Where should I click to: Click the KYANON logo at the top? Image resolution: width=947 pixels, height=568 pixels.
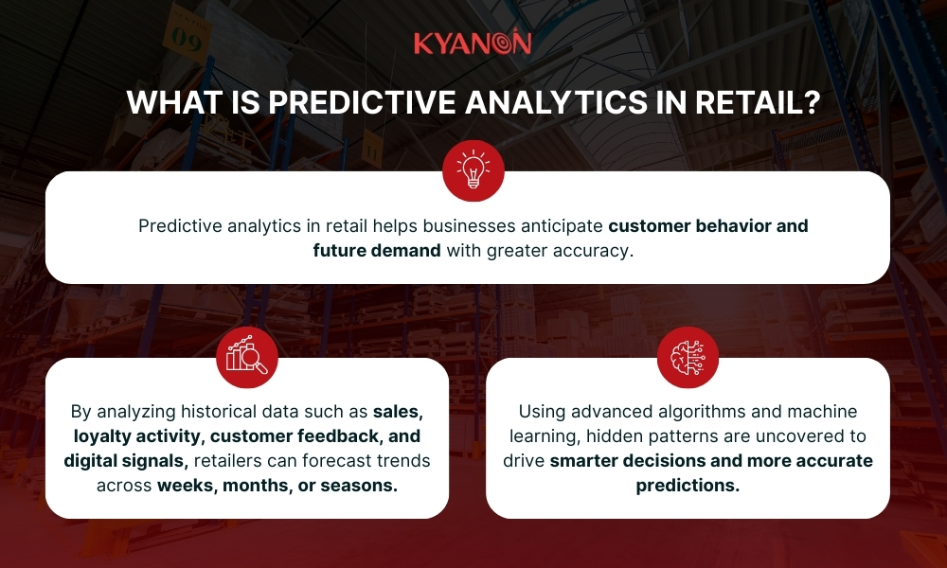point(473,43)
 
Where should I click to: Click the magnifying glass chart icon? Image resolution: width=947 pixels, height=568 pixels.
point(246,357)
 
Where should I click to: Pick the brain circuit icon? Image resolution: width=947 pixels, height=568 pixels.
point(688,357)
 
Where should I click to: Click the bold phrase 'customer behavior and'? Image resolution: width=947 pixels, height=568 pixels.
point(708,227)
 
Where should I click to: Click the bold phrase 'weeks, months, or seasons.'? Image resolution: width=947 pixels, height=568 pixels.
point(277,485)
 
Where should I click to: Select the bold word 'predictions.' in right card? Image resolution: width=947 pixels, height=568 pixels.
point(688,485)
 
